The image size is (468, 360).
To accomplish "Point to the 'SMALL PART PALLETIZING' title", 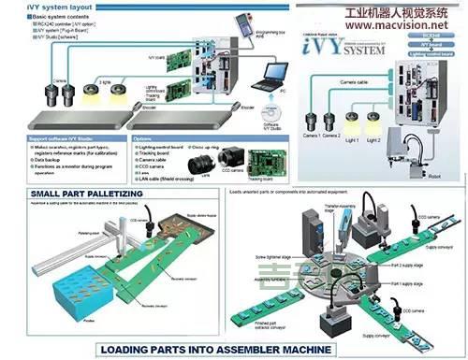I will (x=72, y=192).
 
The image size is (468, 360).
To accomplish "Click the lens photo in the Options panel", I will (x=202, y=165).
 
